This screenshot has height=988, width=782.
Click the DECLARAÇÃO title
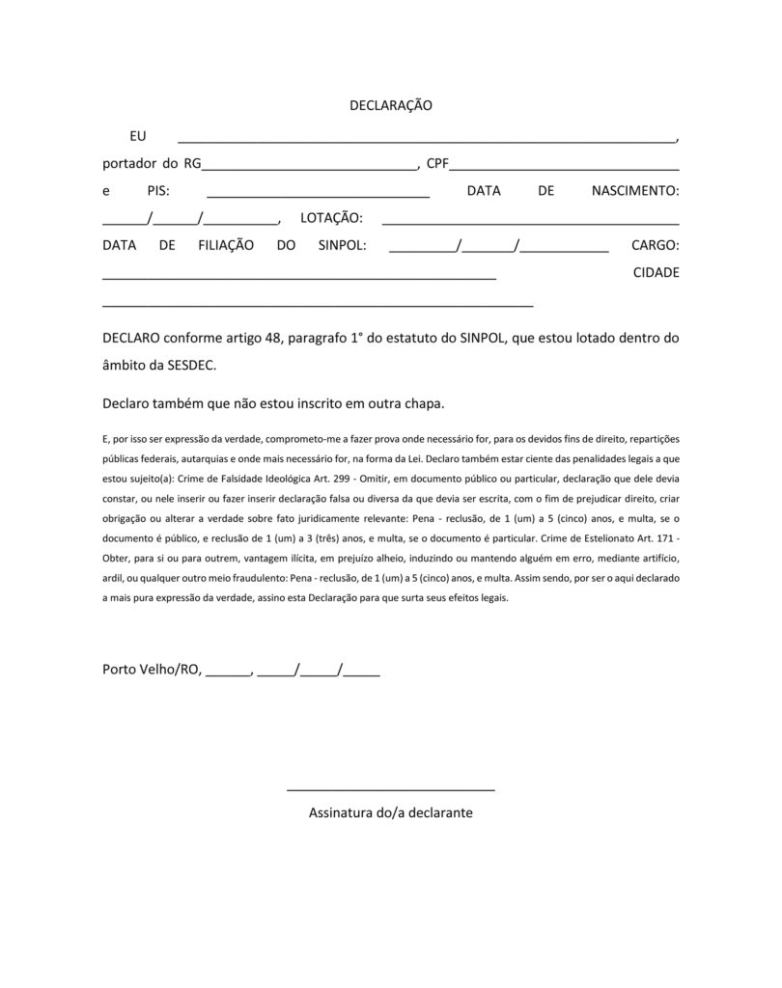pos(390,105)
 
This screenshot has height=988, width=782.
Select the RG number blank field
pos(309,165)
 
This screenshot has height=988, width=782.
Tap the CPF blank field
pos(565,165)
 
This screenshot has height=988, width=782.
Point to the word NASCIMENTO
pos(634,191)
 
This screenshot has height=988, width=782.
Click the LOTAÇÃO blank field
pos(531,221)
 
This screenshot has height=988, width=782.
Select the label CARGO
pos(656,246)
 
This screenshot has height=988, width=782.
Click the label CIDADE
pos(656,272)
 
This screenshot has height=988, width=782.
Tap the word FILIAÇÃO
pos(226,246)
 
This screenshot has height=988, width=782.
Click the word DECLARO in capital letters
pos(132,339)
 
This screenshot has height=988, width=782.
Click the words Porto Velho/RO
pos(151,671)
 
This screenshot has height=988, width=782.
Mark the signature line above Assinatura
pos(391,789)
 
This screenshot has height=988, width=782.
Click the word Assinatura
pos(345,813)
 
